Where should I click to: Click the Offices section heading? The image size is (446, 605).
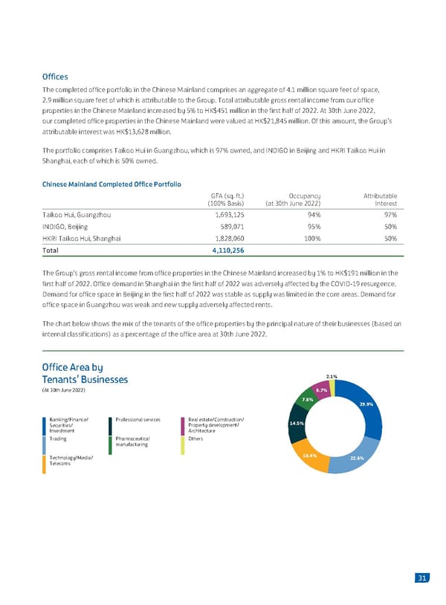coord(56,76)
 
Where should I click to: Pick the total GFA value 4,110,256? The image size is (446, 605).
coord(224,250)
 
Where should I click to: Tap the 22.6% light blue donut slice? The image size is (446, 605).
coord(355,459)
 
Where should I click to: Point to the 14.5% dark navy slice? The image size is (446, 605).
coord(297,423)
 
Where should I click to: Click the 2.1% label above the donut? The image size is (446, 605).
coord(332,375)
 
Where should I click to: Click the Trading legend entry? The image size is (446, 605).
coord(59,439)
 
